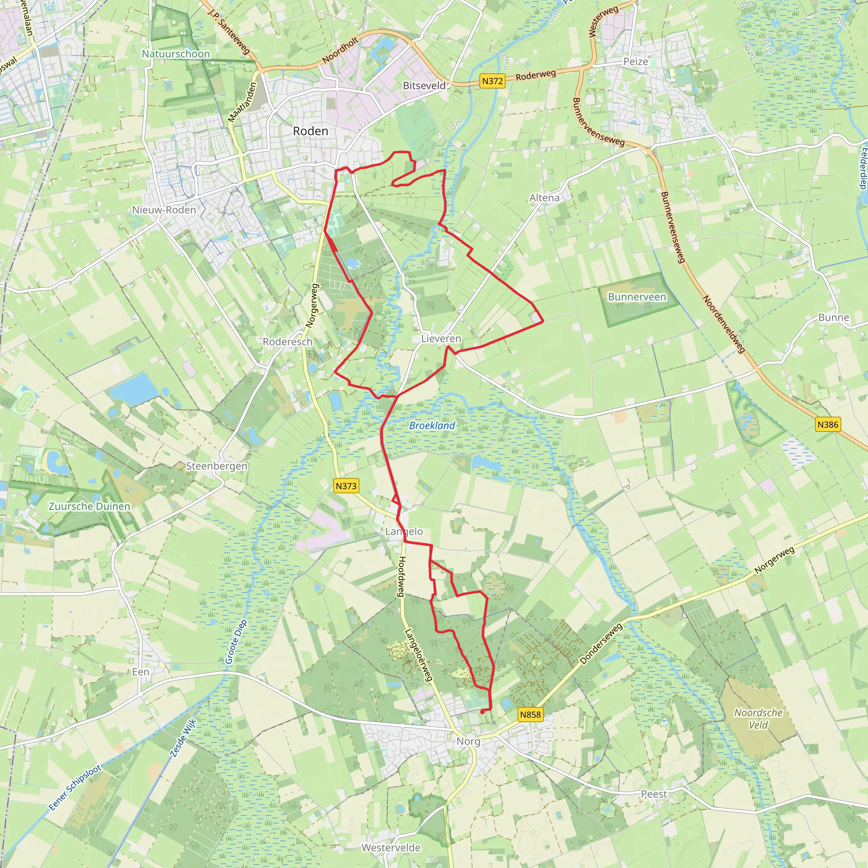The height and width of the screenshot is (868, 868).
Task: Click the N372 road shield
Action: (492, 81)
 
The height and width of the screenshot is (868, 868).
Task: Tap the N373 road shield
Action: (346, 486)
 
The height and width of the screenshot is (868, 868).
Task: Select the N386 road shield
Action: (828, 424)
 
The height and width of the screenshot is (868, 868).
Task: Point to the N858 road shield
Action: (530, 714)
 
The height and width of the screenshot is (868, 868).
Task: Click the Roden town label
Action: (310, 131)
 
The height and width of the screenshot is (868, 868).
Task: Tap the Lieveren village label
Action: (441, 339)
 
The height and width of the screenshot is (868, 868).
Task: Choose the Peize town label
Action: (635, 61)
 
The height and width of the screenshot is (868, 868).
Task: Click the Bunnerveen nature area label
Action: (637, 297)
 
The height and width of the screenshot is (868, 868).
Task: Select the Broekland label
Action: (432, 426)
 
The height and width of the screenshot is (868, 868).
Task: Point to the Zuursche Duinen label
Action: (89, 506)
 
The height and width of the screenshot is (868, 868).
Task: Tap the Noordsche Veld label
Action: (758, 718)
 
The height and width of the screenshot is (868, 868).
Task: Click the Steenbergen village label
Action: (217, 466)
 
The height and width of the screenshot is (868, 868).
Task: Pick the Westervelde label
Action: (391, 848)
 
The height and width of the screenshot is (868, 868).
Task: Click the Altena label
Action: (544, 198)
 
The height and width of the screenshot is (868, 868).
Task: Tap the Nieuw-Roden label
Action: (164, 210)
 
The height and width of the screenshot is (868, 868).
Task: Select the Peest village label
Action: (654, 794)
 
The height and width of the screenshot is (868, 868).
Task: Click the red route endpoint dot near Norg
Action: (482, 712)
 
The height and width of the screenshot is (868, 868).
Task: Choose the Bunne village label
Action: (833, 317)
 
